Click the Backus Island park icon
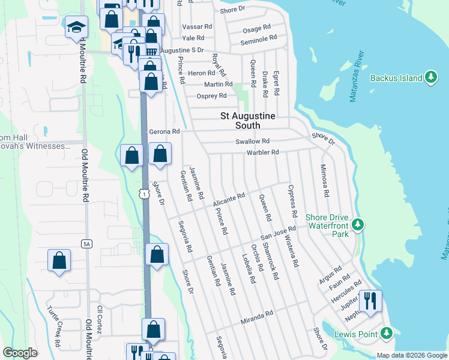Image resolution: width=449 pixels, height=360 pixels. click(430, 77)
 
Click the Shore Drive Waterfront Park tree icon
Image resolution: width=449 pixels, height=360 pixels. click(358, 225)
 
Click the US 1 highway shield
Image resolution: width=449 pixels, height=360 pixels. click(143, 193)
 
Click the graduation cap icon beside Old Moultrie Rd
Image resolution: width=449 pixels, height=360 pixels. click(76, 28)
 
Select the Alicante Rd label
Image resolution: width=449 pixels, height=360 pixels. click(229, 200)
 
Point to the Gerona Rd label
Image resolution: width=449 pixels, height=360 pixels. click(164, 131)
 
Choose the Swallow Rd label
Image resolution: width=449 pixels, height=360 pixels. click(253, 142)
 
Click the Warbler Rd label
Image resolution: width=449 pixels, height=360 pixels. click(262, 152)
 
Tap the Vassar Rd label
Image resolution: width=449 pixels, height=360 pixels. click(200, 27)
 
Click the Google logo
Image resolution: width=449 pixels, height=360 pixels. click(20, 352)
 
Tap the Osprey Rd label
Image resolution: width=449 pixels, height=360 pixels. click(212, 96)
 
